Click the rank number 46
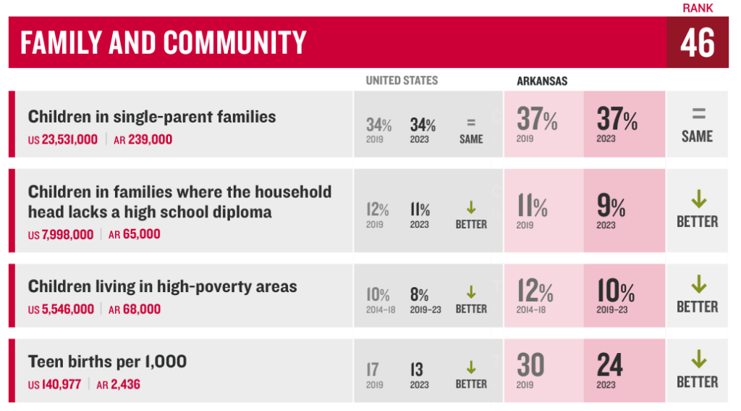[x=697, y=43]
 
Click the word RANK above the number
[x=698, y=9]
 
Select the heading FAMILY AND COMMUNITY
[x=164, y=43]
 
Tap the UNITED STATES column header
[x=402, y=80]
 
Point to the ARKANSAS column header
[x=542, y=81]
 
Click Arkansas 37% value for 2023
[x=617, y=120]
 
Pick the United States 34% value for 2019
[x=378, y=125]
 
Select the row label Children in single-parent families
[x=152, y=117]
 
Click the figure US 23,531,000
[x=63, y=139]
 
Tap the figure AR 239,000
[x=143, y=139]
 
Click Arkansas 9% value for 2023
[x=611, y=208]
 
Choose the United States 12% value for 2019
[x=377, y=210]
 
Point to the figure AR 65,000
[x=134, y=234]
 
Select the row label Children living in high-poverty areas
[x=162, y=286]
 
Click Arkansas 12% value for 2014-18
[x=535, y=291]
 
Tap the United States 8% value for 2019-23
[x=419, y=295]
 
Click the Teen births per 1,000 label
[x=107, y=361]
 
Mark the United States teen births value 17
[x=373, y=370]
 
